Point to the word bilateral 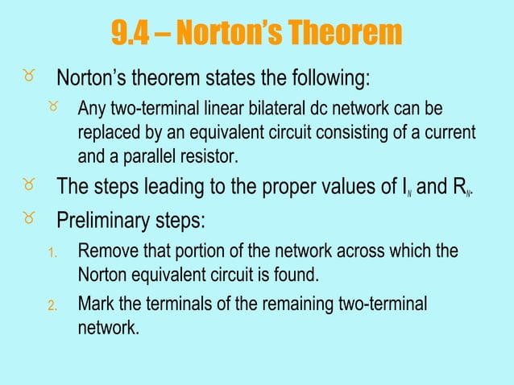pos(285,109)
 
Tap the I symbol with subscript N pos(392,189)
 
